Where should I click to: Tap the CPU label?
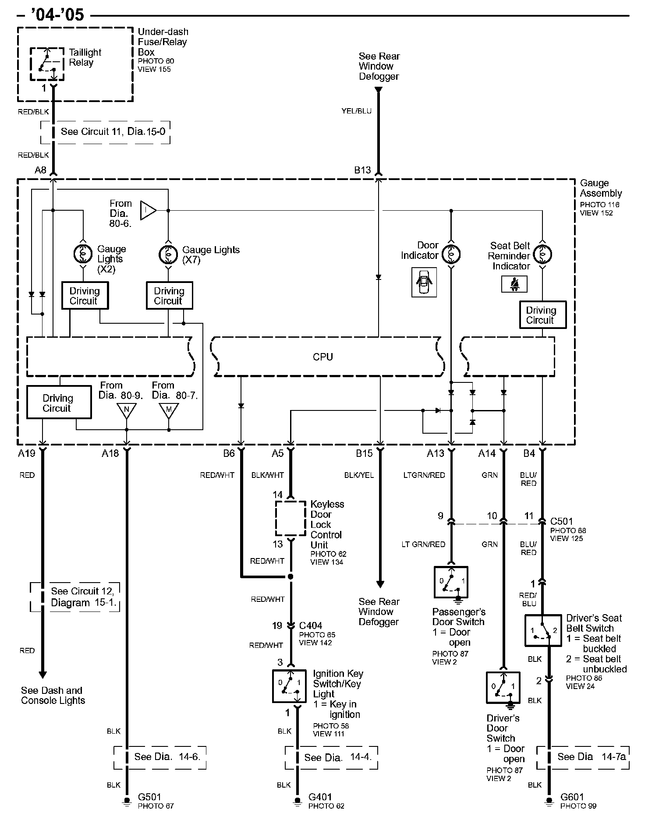323,357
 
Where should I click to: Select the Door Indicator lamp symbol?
451,254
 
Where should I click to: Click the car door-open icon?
424,283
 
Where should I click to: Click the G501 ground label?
149,797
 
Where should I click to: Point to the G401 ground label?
320,797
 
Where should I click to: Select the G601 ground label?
572,797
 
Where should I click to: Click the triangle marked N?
127,410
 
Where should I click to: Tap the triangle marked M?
169,410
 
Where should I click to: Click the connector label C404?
311,626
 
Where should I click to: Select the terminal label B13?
362,170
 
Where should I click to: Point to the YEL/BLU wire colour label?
357,111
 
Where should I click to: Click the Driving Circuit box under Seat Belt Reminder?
543,315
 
